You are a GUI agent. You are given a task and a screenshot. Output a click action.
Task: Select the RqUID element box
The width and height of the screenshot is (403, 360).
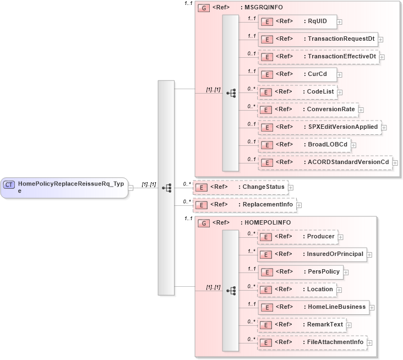click(x=297, y=21)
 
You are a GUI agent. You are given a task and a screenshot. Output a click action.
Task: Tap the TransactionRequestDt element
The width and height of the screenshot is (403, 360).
click(x=318, y=39)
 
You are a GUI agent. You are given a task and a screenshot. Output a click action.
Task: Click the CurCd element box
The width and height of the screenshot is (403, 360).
click(x=297, y=74)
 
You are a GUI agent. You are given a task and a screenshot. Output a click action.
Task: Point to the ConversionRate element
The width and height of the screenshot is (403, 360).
click(x=308, y=110)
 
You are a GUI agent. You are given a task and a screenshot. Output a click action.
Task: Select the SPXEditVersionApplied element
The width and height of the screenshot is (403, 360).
click(x=319, y=127)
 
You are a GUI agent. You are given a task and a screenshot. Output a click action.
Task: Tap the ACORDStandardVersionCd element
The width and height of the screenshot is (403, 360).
click(x=325, y=162)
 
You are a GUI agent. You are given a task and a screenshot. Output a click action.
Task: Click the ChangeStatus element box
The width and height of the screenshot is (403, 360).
click(x=236, y=187)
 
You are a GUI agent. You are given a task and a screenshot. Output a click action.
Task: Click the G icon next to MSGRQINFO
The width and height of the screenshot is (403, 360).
click(x=203, y=8)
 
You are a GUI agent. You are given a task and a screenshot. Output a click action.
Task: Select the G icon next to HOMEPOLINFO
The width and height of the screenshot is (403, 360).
click(x=203, y=223)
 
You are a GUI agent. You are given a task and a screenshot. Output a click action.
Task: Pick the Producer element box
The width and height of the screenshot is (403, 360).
click(x=297, y=237)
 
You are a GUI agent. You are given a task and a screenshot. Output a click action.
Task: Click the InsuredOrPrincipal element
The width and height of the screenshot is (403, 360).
click(x=312, y=254)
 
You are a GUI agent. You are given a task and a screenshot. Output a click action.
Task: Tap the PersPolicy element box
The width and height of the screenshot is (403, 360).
click(x=301, y=272)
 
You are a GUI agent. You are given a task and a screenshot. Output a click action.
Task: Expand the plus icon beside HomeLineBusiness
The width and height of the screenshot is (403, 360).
click(x=372, y=307)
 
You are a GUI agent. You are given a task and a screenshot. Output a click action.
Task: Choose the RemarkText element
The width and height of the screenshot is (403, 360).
click(x=302, y=325)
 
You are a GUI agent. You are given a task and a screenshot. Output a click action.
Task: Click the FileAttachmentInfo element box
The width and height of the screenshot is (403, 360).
click(x=312, y=342)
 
